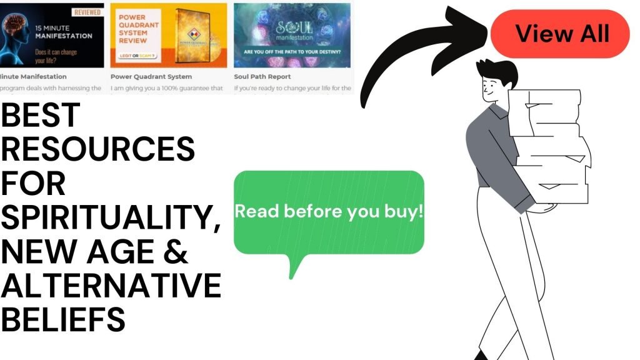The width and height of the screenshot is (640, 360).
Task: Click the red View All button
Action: (561, 34)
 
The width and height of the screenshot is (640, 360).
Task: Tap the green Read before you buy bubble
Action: (329, 212)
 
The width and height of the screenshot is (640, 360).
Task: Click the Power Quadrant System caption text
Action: (151, 77)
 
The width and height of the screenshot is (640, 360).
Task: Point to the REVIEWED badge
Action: (87, 12)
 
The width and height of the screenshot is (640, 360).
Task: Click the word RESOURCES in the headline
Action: (97, 151)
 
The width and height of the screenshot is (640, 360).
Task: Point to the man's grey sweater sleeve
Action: (494, 156)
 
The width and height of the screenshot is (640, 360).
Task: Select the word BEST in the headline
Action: (41, 116)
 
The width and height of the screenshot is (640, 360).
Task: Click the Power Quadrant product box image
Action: (199, 37)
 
